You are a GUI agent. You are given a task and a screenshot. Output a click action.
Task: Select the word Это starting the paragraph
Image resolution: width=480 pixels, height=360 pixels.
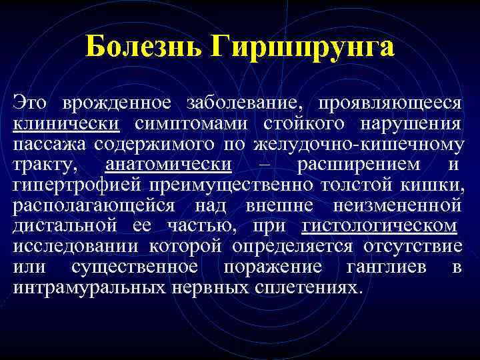31,103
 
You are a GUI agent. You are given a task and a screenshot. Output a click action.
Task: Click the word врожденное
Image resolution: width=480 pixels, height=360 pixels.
116,103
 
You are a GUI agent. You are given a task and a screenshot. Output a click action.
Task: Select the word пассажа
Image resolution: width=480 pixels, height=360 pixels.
50,144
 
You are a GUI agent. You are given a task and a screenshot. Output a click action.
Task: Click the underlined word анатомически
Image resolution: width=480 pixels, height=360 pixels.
169,165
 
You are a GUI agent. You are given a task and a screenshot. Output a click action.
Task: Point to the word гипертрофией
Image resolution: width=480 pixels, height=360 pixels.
77,185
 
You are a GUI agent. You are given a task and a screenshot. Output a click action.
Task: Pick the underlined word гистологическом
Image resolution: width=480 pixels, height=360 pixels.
379,226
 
